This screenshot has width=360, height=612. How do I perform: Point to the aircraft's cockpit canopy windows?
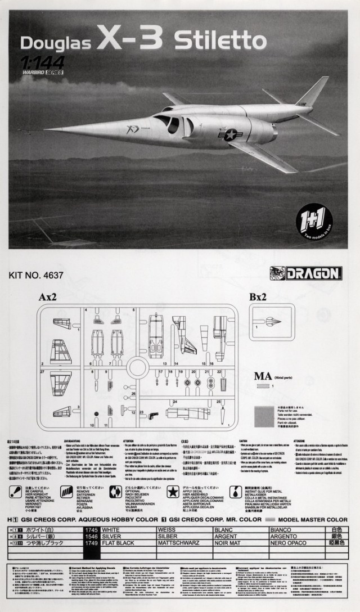168,122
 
